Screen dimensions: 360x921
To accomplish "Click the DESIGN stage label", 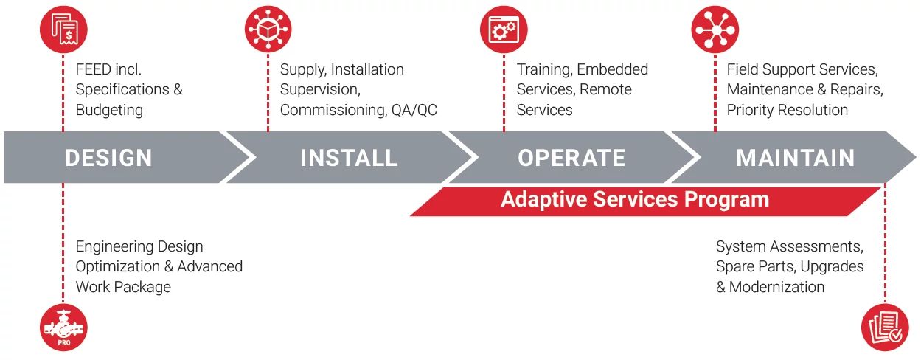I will click(x=108, y=158).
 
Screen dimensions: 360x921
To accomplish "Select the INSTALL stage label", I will click(x=349, y=158).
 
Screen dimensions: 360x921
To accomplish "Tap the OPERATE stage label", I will click(x=571, y=158).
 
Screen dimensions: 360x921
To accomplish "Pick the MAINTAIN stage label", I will click(x=796, y=158).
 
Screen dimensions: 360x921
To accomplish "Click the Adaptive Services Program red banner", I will click(x=635, y=200).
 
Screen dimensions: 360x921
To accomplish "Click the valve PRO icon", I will click(x=63, y=328).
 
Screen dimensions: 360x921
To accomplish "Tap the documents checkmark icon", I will click(x=885, y=328).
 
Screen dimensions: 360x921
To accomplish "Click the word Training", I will click(x=543, y=70).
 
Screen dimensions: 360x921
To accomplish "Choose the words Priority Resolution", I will click(x=787, y=110).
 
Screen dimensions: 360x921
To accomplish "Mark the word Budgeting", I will click(x=109, y=110).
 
